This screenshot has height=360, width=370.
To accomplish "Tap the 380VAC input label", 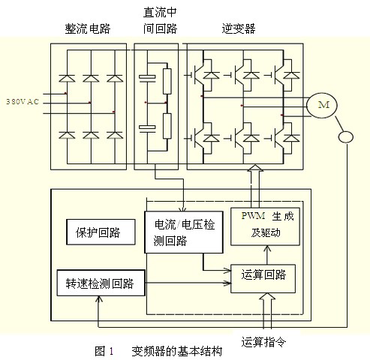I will (x=23, y=100).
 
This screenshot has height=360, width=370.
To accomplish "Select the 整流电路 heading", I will (x=89, y=28).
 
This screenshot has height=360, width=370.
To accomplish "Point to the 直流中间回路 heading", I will (x=158, y=21).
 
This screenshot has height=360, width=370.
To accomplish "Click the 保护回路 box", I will (x=99, y=233).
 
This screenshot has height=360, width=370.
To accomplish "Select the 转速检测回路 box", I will (x=100, y=283).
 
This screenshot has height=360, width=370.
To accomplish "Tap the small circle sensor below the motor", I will (x=347, y=137).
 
